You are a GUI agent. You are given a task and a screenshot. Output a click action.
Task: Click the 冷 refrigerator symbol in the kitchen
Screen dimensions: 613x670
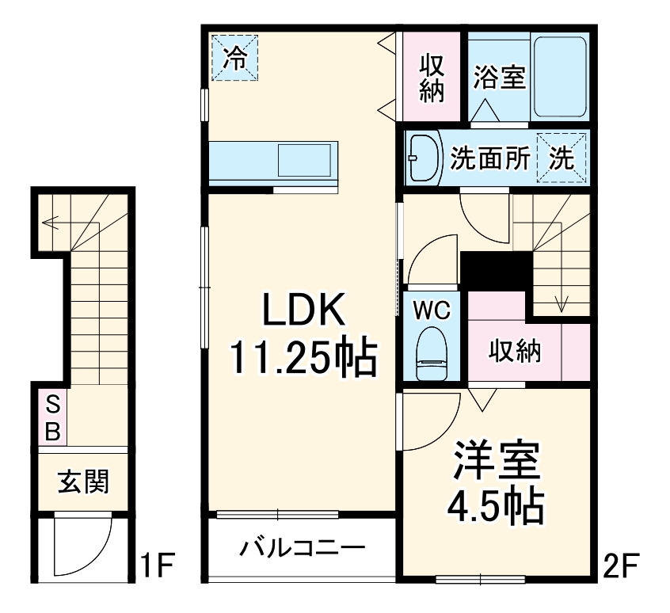[234, 56]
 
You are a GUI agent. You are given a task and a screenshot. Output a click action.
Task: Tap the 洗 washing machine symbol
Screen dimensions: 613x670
[562, 158]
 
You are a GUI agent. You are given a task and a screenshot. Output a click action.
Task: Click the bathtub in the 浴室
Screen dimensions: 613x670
[558, 78]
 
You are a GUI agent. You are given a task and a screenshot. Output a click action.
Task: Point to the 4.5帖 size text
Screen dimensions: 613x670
[497, 507]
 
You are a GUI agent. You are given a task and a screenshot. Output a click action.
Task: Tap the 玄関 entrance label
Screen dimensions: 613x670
[83, 482]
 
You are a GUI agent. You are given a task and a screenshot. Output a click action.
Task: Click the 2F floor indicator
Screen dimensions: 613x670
[620, 568]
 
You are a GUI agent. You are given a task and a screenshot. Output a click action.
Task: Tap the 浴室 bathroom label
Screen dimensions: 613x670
[500, 78]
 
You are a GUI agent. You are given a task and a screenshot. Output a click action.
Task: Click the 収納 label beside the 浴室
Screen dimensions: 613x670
[431, 78]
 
